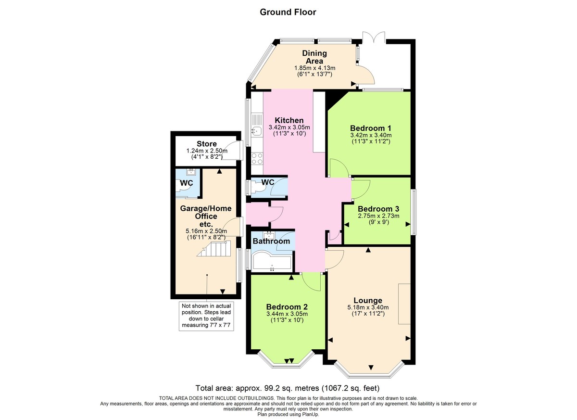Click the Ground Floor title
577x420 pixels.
pyautogui.click(x=288, y=12)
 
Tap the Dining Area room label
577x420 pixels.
pyautogui.click(x=314, y=57)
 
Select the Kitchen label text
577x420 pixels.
pyautogui.click(x=289, y=120)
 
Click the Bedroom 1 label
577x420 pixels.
pyautogui.click(x=370, y=128)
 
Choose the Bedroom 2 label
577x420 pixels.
pyautogui.click(x=287, y=307)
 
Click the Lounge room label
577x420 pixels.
pyautogui.click(x=368, y=300)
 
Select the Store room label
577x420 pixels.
pyautogui.click(x=206, y=144)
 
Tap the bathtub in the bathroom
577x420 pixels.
pyautogui.click(x=272, y=262)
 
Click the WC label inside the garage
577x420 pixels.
pyautogui.click(x=187, y=184)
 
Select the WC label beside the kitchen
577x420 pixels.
pyautogui.click(x=268, y=182)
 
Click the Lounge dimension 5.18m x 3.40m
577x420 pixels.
pyautogui.click(x=368, y=307)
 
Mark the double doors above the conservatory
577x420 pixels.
pyautogui.click(x=374, y=38)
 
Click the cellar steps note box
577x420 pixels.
pyautogui.click(x=206, y=316)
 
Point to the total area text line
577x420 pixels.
pyautogui.click(x=288, y=388)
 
